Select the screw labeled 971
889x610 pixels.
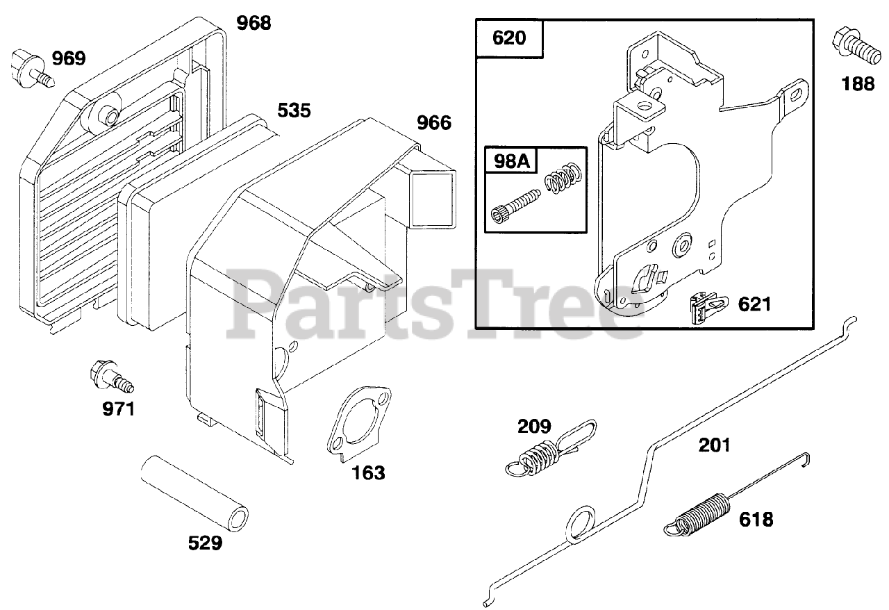(111, 379)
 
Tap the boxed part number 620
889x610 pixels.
(509, 38)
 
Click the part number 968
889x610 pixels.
(254, 23)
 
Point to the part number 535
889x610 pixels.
(294, 110)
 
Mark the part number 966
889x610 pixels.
(433, 123)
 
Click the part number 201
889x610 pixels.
(715, 444)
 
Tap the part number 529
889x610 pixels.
(205, 543)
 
